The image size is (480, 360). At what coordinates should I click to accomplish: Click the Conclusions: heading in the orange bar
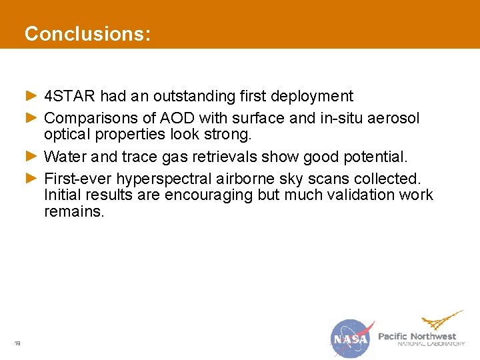87,34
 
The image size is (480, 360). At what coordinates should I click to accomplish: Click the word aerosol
395,119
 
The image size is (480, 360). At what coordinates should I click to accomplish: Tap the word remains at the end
74,212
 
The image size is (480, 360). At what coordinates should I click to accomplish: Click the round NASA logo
352,339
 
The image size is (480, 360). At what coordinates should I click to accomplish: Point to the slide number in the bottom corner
18,343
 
